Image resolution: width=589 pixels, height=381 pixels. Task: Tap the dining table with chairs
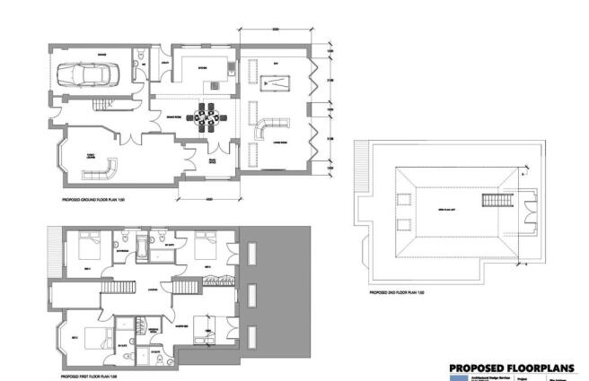(x=206, y=117)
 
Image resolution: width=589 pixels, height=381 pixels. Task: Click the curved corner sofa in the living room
(x=270, y=127)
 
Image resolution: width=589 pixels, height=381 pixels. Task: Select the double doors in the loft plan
(x=529, y=204)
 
